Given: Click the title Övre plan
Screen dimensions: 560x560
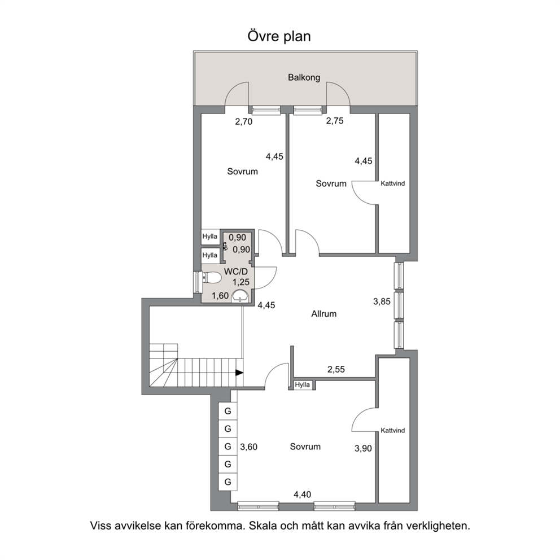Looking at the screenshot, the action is tap(279, 37).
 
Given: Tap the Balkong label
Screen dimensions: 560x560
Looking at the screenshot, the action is tap(304, 77).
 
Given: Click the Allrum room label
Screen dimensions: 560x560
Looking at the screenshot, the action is tap(324, 314).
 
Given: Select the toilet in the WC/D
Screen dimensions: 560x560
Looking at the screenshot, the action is tap(212, 278).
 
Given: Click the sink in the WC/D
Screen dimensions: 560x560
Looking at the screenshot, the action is tap(240, 296).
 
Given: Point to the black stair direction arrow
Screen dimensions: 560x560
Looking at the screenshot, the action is tap(239, 373).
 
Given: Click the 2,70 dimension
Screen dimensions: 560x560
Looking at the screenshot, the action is tap(243, 122).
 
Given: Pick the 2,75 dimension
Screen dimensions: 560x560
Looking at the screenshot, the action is tap(335, 121).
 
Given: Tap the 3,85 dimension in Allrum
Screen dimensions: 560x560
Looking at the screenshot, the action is tap(382, 301).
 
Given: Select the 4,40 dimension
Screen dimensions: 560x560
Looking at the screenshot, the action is tap(302, 495).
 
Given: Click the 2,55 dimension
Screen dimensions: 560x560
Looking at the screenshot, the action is tap(336, 369).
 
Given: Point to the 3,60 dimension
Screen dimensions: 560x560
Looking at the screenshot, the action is tap(248, 447).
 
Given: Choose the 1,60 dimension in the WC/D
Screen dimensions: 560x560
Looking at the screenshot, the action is tap(220, 296).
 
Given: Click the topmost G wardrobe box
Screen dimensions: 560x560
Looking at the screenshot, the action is tap(228, 411).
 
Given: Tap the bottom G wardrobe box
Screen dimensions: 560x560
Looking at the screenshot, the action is tap(228, 482).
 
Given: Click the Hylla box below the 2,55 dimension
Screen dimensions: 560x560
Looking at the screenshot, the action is tap(303, 384).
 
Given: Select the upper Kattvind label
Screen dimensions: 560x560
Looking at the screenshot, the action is tap(393, 183).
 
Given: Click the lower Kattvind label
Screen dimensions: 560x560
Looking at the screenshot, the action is tap(393, 431).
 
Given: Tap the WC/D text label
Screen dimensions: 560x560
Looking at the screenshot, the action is tap(236, 272).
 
